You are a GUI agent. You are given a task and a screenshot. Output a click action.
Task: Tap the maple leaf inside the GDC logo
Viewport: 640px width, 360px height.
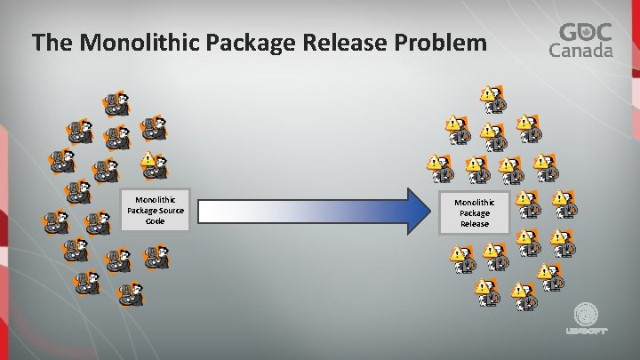pos(587,31)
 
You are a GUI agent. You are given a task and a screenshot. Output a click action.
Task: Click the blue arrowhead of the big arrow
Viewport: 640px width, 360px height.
pos(420,211)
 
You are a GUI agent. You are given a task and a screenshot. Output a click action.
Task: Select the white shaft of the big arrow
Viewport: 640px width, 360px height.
pos(302,211)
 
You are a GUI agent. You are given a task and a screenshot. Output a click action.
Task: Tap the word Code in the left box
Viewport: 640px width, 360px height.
pos(155,220)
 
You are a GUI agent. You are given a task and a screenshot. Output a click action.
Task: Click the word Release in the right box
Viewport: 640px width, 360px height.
pos(474,224)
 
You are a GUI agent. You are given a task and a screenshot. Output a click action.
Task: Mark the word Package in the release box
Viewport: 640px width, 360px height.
pos(474,213)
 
